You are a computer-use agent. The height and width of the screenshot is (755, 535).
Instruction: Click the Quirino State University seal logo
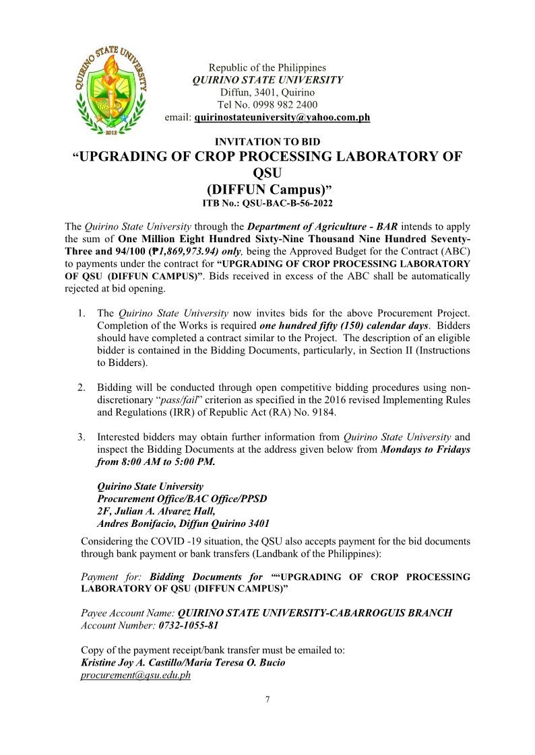(112, 87)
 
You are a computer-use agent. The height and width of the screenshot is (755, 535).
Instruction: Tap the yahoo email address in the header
(282, 118)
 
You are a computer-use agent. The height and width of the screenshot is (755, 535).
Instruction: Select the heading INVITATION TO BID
(267, 142)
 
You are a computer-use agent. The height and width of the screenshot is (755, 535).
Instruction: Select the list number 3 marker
(81, 437)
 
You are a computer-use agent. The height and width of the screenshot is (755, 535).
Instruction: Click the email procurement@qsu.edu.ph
(135, 675)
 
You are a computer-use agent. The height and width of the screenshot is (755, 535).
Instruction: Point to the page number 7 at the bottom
(267, 700)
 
